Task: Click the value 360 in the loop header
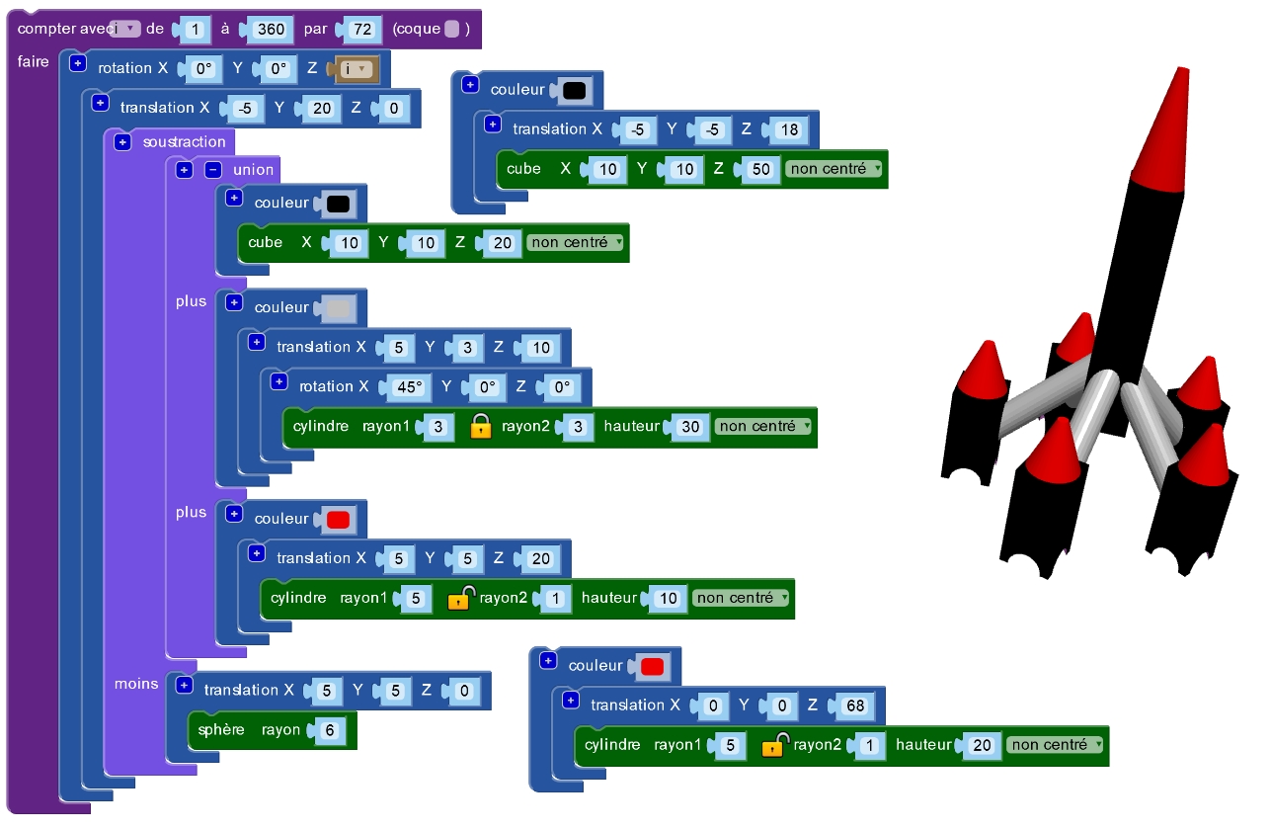(271, 30)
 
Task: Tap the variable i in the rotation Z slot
(357, 69)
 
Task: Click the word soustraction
(184, 142)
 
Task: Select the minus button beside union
(212, 170)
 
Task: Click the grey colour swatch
(339, 308)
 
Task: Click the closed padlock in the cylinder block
(481, 426)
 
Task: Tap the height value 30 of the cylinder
(691, 427)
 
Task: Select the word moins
(136, 684)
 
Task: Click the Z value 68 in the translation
(854, 705)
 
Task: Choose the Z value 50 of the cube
(760, 169)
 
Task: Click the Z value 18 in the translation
(789, 129)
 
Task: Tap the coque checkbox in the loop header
(452, 30)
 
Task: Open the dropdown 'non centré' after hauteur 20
(1055, 745)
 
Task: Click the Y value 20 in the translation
(322, 109)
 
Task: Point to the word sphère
(221, 730)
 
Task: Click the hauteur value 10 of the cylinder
(669, 599)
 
